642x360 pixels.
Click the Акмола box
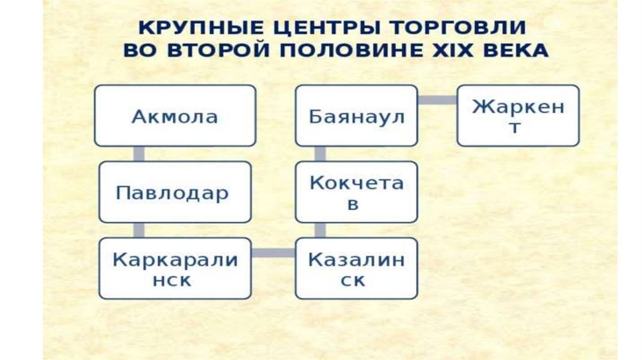[175, 116]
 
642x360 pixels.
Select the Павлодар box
[175, 192]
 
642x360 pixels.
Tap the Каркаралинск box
[175, 268]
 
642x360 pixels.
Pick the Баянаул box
[356, 116]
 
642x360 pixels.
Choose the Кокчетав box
[356, 192]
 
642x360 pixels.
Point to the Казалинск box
[356, 268]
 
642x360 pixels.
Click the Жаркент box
[518, 116]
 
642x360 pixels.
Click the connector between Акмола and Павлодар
[139, 154]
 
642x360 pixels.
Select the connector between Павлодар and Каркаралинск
[139, 230]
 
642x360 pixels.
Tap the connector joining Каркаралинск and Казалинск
[273, 253]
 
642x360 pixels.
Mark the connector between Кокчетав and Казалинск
[320, 230]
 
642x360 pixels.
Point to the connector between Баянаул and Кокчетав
[320, 154]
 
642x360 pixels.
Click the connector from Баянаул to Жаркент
[438, 100]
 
